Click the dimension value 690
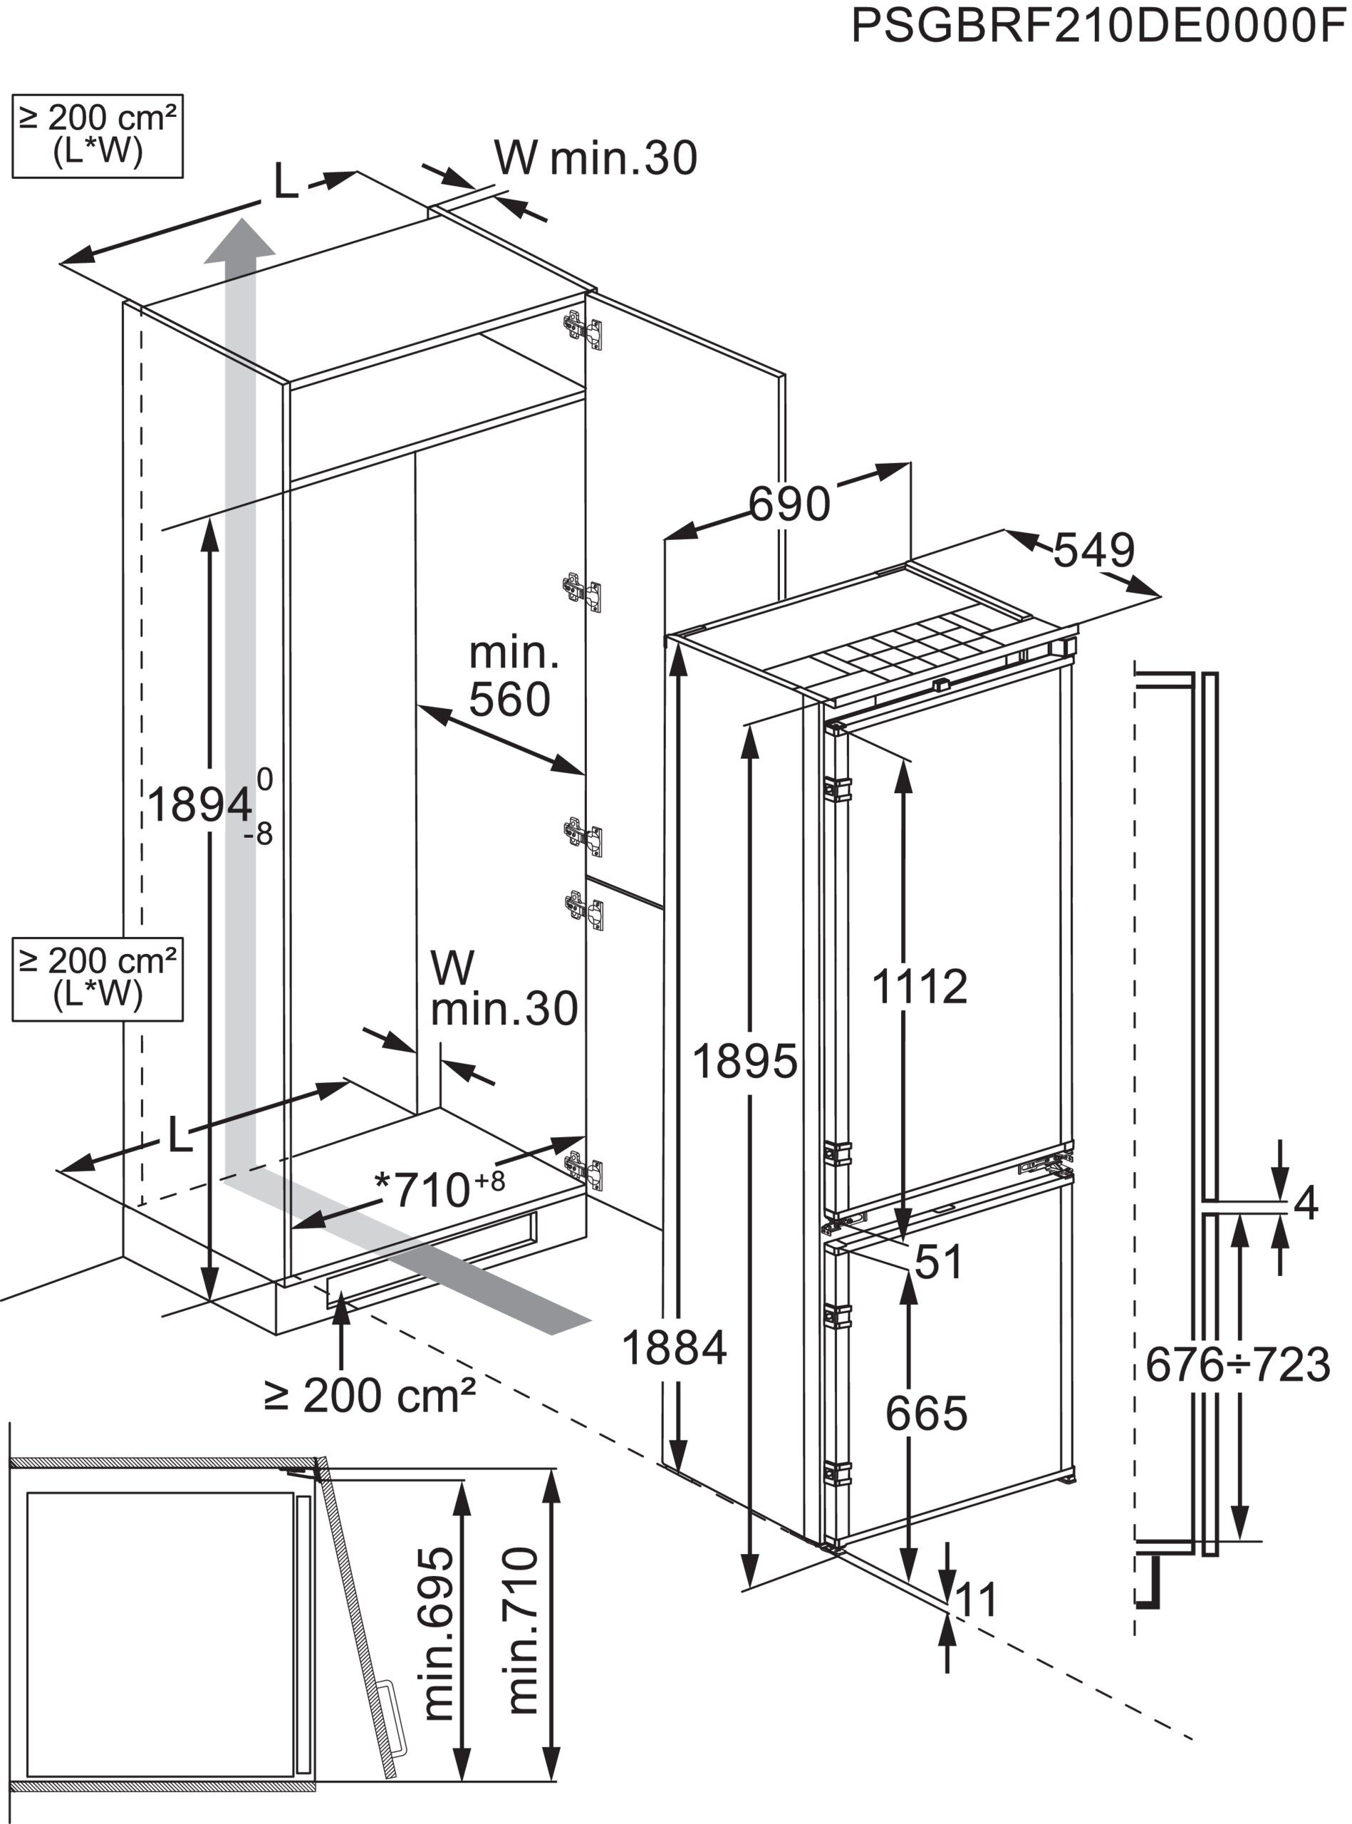pyautogui.click(x=790, y=504)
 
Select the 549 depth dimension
pyautogui.click(x=1093, y=550)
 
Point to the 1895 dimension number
pyautogui.click(x=745, y=1062)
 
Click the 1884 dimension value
pyautogui.click(x=675, y=1347)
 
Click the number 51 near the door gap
pyautogui.click(x=939, y=1262)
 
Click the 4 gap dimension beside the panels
pyautogui.click(x=1306, y=1203)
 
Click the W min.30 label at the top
pyautogui.click(x=595, y=157)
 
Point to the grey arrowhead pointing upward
pyautogui.click(x=239, y=241)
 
